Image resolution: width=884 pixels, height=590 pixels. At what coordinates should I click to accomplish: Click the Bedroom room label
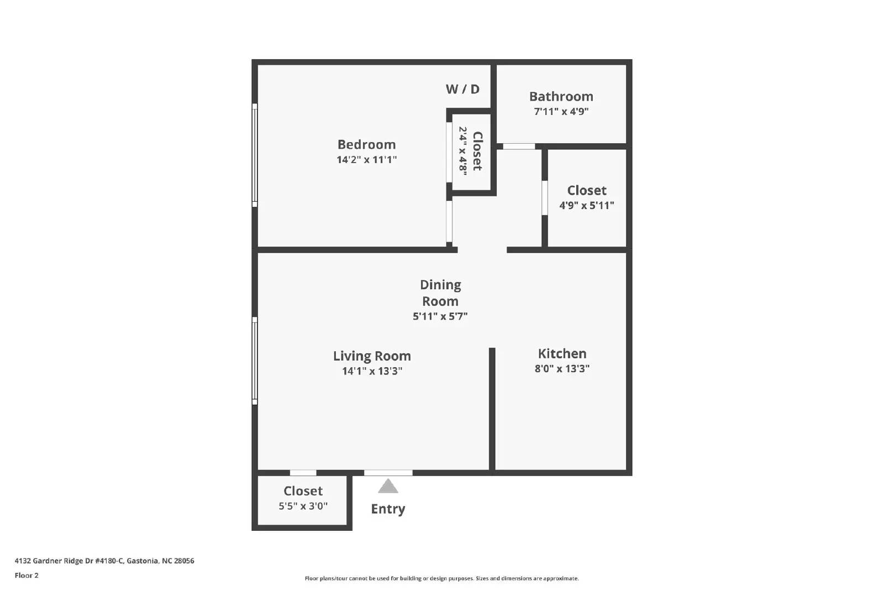[366, 144]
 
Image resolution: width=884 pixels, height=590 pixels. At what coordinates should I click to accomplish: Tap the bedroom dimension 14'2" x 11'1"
[366, 160]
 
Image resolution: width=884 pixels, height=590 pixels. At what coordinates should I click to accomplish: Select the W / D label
[462, 89]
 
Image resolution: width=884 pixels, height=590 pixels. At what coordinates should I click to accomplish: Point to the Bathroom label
[561, 96]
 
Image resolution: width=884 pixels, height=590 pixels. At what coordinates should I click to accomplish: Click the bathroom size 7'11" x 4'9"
[561, 111]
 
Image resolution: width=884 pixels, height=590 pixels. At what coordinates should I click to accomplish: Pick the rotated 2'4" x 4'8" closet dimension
[463, 151]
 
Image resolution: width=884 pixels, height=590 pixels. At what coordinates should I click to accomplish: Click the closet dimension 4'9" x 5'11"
[586, 205]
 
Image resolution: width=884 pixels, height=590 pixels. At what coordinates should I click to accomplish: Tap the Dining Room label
[440, 293]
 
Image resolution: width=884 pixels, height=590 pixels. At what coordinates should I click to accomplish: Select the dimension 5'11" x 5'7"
[440, 316]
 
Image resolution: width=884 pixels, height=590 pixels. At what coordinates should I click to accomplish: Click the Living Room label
[372, 356]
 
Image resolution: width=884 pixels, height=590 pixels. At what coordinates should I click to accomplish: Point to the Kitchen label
[562, 353]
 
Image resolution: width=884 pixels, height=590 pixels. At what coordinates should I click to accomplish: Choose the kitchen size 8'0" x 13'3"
[562, 369]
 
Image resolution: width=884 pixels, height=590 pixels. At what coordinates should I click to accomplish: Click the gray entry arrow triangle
[388, 487]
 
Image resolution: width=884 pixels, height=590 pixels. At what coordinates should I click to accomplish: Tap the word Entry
[388, 509]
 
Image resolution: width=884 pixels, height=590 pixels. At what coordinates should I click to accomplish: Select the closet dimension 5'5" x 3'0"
[303, 506]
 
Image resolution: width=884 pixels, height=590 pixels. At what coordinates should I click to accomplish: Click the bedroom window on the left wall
[255, 155]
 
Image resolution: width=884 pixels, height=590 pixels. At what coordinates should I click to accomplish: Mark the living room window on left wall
[255, 361]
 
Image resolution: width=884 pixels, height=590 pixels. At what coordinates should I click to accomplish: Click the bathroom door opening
[519, 147]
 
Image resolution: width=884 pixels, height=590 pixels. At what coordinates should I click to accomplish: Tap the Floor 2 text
[27, 576]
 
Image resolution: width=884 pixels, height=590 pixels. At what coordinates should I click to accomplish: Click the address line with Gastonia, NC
[104, 561]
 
